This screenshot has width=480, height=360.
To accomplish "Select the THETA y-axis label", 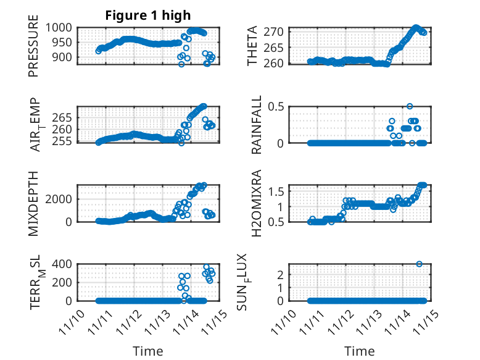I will (x=253, y=46).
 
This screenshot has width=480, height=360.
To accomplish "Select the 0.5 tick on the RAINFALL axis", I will (x=276, y=106).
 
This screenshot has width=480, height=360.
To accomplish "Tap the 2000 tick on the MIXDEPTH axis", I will (x=61, y=199).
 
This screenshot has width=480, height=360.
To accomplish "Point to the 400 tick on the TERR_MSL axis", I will (x=65, y=264).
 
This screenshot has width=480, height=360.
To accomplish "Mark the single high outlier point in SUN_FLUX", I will (x=419, y=264).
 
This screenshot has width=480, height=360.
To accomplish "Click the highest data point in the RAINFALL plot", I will (x=410, y=106).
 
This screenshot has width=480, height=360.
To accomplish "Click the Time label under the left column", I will (x=148, y=351).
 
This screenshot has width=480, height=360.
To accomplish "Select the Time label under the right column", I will (x=359, y=351).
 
